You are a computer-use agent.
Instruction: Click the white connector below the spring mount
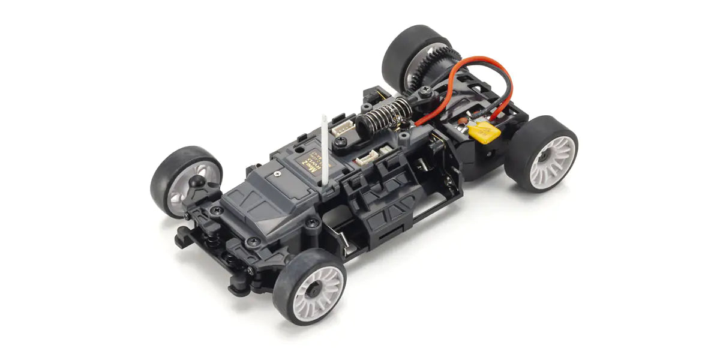click(x=367, y=160)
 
